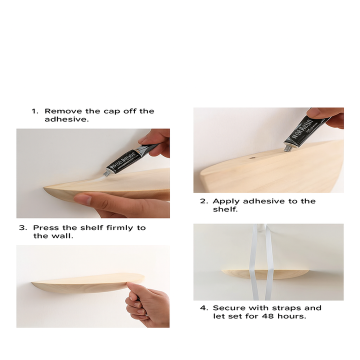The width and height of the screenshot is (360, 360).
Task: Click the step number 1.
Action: point(34,111)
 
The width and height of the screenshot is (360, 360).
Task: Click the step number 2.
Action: point(204,201)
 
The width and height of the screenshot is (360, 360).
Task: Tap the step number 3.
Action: point(23,228)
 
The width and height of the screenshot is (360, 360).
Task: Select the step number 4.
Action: point(204,308)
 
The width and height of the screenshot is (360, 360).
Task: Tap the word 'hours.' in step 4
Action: point(291,316)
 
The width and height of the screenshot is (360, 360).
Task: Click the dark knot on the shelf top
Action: point(253,158)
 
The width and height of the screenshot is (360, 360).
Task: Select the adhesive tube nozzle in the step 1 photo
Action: point(106,173)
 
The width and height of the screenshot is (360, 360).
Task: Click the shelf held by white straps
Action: point(265,274)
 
